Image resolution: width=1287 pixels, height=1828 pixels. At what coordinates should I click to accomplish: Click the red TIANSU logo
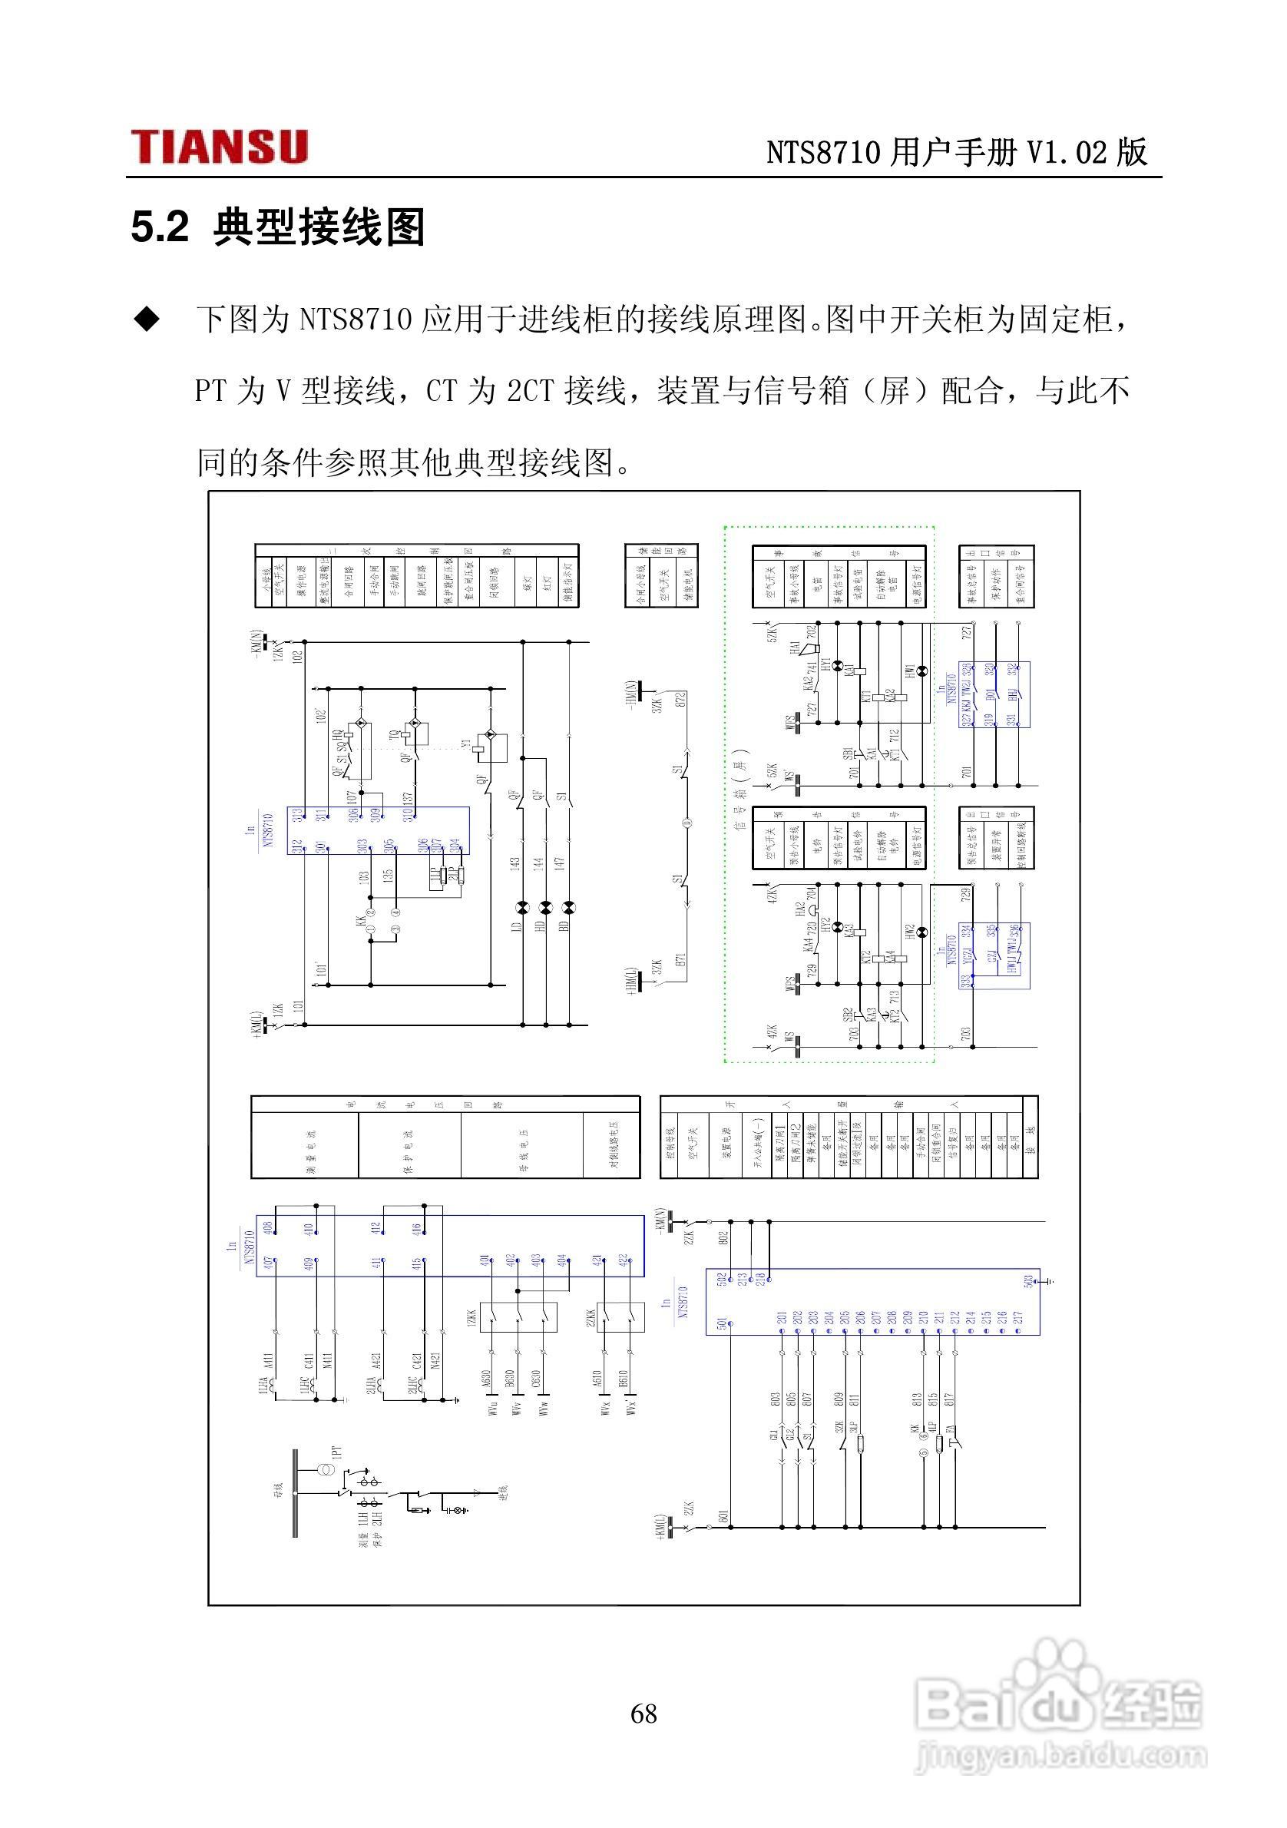tap(219, 147)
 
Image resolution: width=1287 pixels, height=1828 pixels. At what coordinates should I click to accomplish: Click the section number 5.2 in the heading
tap(160, 227)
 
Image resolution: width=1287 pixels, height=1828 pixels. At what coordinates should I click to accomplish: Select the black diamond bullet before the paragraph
tap(147, 320)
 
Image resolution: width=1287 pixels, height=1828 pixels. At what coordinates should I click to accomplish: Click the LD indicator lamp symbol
tap(522, 908)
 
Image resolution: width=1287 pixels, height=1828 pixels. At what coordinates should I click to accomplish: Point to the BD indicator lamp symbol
tap(568, 908)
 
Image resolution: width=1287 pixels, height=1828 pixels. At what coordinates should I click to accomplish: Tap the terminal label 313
tap(298, 816)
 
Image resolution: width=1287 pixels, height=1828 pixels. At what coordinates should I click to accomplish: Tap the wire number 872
tap(680, 700)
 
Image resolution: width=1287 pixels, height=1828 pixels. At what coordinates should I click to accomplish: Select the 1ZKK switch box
tap(518, 1318)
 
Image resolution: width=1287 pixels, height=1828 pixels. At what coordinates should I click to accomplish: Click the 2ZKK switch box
tap(620, 1318)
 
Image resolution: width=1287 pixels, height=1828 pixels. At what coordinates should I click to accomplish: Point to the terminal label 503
tap(1027, 1280)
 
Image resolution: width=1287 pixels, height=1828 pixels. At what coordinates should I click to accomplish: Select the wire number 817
tap(948, 1399)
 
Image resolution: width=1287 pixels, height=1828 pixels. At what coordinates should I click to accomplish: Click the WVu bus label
tap(493, 1431)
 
